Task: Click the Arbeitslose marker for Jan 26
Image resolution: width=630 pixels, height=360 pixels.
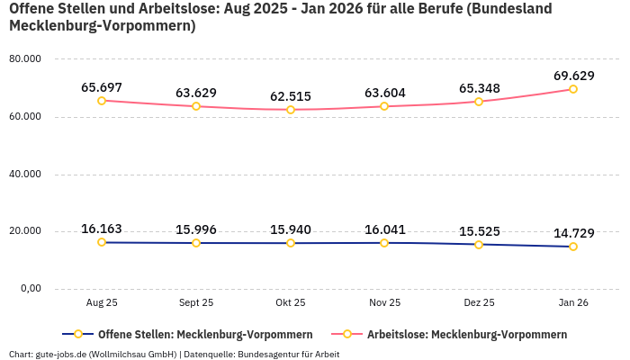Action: (572, 89)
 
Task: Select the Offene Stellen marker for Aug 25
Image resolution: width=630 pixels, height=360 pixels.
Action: (102, 242)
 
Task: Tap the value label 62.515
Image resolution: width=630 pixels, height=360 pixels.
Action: (290, 97)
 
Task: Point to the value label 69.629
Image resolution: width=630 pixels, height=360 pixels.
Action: (573, 76)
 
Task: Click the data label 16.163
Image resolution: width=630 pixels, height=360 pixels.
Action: (102, 229)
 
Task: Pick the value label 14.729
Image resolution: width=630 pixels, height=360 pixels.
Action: (573, 233)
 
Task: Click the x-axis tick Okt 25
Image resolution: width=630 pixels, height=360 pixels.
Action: (290, 303)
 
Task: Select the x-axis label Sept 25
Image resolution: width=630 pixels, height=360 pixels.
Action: (195, 303)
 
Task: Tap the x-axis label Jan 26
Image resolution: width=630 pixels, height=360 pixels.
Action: (573, 303)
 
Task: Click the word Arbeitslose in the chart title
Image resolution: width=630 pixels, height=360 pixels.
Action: (166, 9)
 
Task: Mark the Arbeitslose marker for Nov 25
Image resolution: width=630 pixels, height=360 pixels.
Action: (384, 106)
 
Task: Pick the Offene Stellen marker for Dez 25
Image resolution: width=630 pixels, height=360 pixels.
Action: (479, 244)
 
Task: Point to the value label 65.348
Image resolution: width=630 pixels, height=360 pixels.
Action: (479, 88)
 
